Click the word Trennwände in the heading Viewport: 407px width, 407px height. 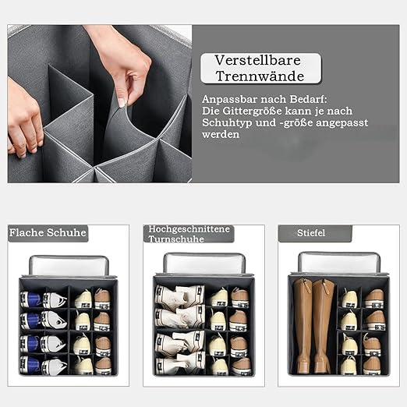260,77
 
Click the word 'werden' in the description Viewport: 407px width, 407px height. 221,135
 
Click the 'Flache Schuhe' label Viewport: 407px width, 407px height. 48,232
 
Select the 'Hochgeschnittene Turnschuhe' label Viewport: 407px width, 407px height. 188,234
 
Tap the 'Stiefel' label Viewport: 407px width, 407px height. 313,232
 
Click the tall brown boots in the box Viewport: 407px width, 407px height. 313,326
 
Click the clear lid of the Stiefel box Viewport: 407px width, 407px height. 340,262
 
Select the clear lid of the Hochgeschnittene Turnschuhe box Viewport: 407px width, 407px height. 203,264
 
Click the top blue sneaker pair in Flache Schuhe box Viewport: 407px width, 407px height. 43,299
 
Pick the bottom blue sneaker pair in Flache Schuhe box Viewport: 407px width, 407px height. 43,365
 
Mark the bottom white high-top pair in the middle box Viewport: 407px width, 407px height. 179,363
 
